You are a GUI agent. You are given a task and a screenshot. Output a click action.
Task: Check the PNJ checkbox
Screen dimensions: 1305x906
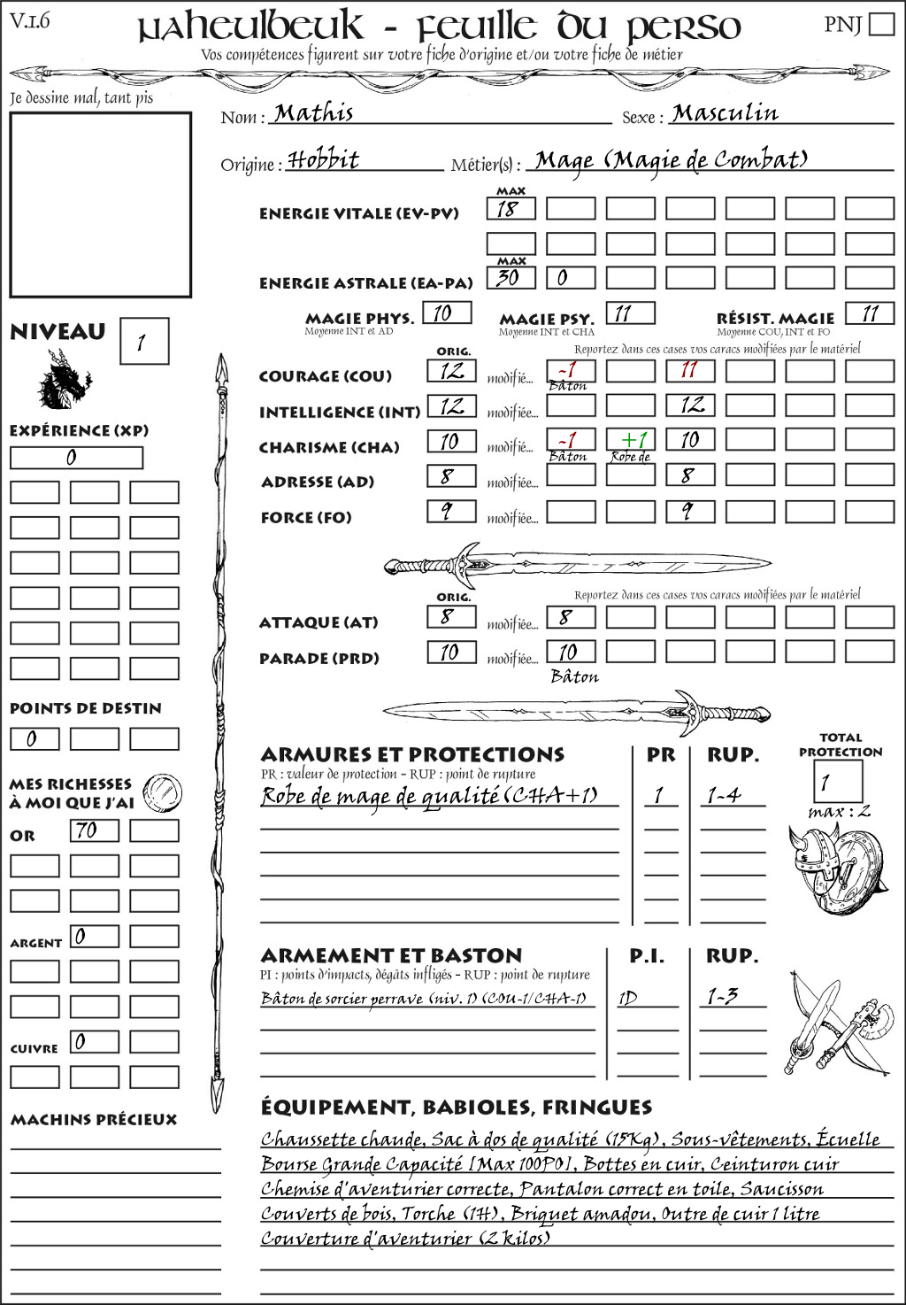(x=882, y=23)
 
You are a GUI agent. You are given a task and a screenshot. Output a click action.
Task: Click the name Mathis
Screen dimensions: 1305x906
(x=313, y=113)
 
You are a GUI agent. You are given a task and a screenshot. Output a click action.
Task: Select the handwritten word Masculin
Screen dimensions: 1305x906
(x=725, y=113)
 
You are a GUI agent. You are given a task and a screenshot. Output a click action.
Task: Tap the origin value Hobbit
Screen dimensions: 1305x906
(x=324, y=160)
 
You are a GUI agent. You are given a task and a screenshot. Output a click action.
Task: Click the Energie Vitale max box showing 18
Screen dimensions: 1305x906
(x=511, y=209)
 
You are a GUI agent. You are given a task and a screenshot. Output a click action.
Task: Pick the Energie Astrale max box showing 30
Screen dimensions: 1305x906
(x=511, y=278)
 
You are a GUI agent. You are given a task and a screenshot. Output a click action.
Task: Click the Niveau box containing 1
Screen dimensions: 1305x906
(x=143, y=342)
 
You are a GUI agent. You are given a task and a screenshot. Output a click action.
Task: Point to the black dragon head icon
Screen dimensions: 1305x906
(x=64, y=380)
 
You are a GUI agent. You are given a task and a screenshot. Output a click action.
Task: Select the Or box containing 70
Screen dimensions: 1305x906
(x=94, y=830)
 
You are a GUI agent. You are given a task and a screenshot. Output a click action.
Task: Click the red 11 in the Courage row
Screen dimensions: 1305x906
(x=690, y=370)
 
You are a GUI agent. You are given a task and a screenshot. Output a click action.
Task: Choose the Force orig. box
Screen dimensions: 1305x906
(x=451, y=512)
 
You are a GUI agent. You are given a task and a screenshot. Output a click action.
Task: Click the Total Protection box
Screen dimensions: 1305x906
(x=837, y=782)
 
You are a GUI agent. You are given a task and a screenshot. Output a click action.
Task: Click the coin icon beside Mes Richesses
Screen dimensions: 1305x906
(x=163, y=791)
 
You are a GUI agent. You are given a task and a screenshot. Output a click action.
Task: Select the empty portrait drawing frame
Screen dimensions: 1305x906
(x=100, y=205)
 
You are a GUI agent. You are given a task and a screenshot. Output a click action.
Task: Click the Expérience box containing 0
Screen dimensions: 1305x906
(x=76, y=458)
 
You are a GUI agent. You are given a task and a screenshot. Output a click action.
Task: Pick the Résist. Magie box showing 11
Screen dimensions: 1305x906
(x=869, y=313)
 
